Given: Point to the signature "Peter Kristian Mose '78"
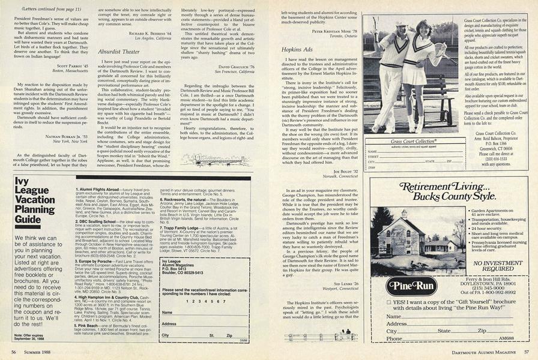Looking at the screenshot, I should (333, 30).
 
